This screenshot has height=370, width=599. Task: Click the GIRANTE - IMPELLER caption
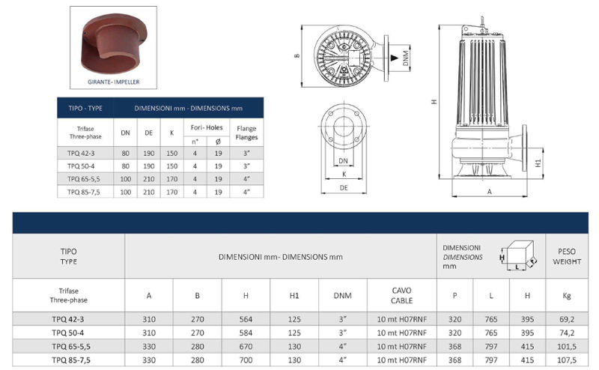pyautogui.click(x=114, y=82)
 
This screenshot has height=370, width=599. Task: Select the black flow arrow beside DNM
pyautogui.click(x=394, y=58)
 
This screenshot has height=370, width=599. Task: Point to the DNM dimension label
pyautogui.click(x=406, y=58)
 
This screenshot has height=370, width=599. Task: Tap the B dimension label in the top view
pyautogui.click(x=297, y=56)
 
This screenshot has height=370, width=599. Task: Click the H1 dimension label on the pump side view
pyautogui.click(x=538, y=163)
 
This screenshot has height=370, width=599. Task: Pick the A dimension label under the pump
pyautogui.click(x=490, y=192)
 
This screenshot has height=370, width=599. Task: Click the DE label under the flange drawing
pyautogui.click(x=344, y=188)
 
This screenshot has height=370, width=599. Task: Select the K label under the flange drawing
pyautogui.click(x=344, y=175)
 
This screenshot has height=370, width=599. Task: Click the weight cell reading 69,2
pyautogui.click(x=567, y=319)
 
